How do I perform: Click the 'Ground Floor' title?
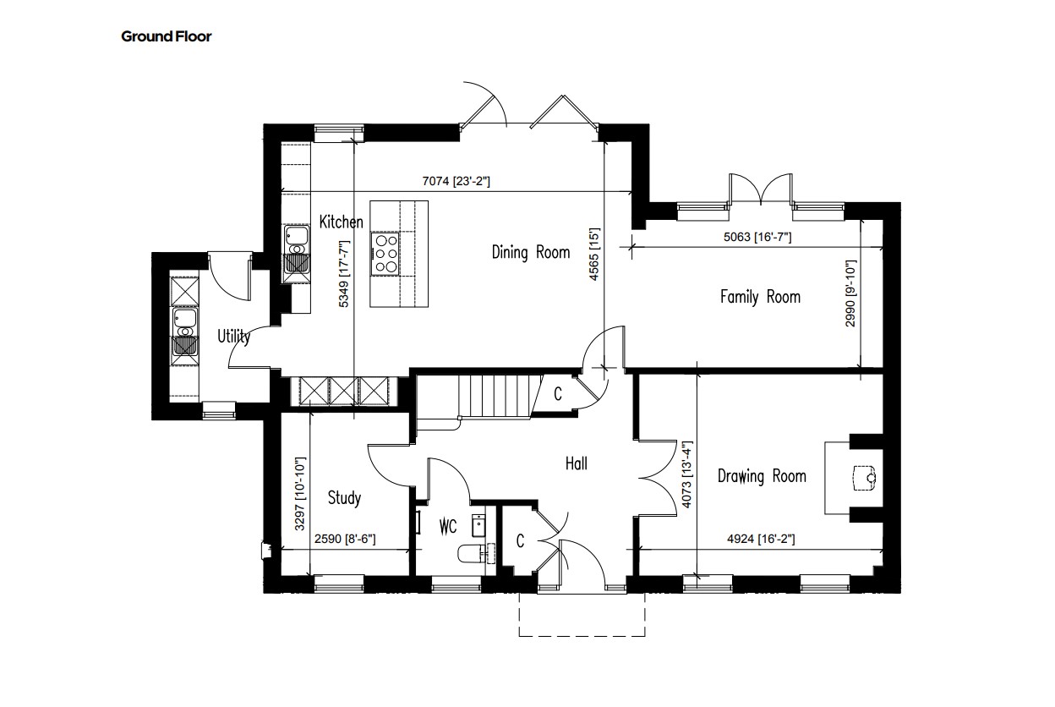tap(167, 36)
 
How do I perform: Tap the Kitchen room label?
tap(341, 222)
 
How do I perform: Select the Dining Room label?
tap(531, 252)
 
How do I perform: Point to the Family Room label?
tap(760, 297)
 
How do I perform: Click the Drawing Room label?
tap(762, 476)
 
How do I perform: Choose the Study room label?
tap(344, 498)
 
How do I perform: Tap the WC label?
tap(448, 527)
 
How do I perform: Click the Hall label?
tap(576, 464)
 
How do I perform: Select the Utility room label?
tap(233, 337)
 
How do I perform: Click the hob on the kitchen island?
tap(385, 254)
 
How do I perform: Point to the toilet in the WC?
tap(471, 553)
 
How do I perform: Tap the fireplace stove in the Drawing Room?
tap(865, 479)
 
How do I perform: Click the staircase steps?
tap(500, 396)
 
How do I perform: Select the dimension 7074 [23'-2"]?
tap(456, 181)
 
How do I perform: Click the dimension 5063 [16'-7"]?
tap(757, 237)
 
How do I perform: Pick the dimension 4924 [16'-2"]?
tap(761, 539)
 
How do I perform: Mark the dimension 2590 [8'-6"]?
tap(345, 539)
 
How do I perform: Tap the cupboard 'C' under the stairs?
tap(558, 394)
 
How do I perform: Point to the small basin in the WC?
tap(478, 526)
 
